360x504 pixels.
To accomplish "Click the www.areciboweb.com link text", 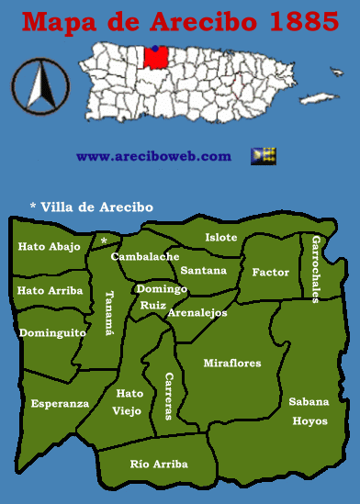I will point(153,156).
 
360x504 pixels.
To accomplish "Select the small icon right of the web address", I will point(264,155).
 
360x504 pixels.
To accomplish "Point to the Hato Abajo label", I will point(49,246).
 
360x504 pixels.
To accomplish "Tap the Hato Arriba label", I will point(49,290).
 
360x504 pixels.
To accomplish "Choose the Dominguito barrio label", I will point(52,332).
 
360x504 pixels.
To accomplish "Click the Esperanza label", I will point(60,403).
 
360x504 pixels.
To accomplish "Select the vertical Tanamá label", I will point(109,315).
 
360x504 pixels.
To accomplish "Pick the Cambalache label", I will point(145,257).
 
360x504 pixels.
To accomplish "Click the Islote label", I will point(220,238).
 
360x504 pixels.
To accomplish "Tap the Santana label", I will point(203,271).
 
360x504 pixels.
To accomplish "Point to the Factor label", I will point(271,273).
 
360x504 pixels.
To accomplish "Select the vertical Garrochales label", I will point(316,268).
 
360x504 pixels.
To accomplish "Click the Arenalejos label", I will point(197,313).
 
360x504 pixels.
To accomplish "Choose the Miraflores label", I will point(232,363).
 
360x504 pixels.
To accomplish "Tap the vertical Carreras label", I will point(168,396).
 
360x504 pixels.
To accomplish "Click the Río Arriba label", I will point(159,465).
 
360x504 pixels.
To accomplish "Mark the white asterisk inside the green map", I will point(104,241).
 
